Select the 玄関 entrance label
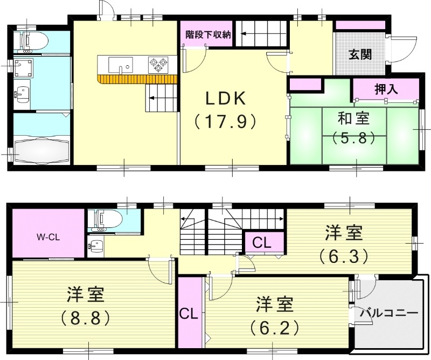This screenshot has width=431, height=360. pos(359,54)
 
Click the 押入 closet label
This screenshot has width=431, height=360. pos(386,89)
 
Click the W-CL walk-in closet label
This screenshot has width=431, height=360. pos(47,236)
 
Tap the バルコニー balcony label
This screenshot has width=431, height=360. pos(388,313)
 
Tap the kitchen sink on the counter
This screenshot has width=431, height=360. pos(120,66)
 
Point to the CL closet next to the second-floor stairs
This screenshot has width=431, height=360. pos(262,241)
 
